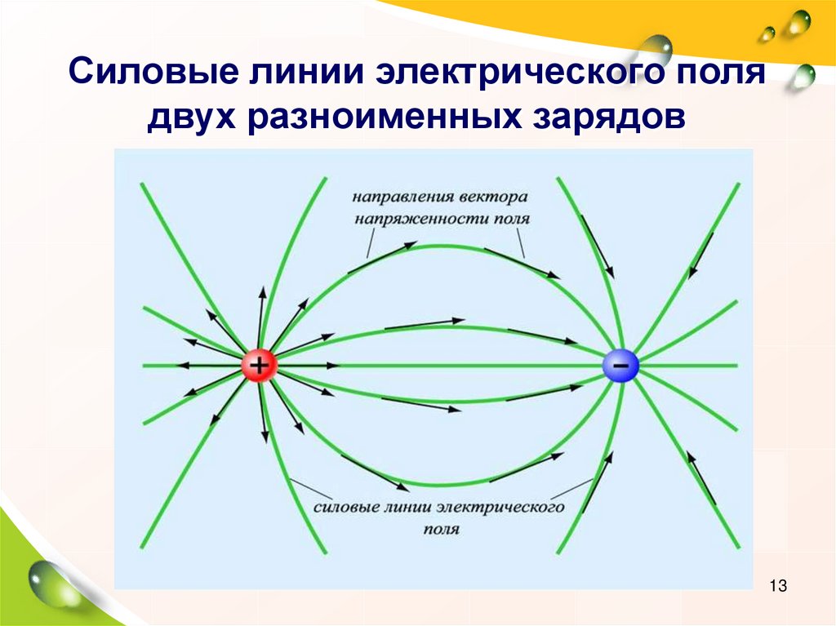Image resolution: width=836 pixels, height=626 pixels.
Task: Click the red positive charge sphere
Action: point(259,366)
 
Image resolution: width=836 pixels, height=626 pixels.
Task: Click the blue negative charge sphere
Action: point(620,366)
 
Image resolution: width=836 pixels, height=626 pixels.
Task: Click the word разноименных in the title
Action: point(384,117)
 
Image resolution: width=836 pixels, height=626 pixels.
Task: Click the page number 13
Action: point(778,585)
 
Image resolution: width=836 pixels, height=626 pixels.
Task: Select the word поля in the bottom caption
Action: point(442,529)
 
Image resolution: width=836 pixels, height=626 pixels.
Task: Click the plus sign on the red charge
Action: point(259,366)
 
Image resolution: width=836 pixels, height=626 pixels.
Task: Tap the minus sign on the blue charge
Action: point(620,366)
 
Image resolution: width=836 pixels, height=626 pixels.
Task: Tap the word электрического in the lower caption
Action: point(500,507)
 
